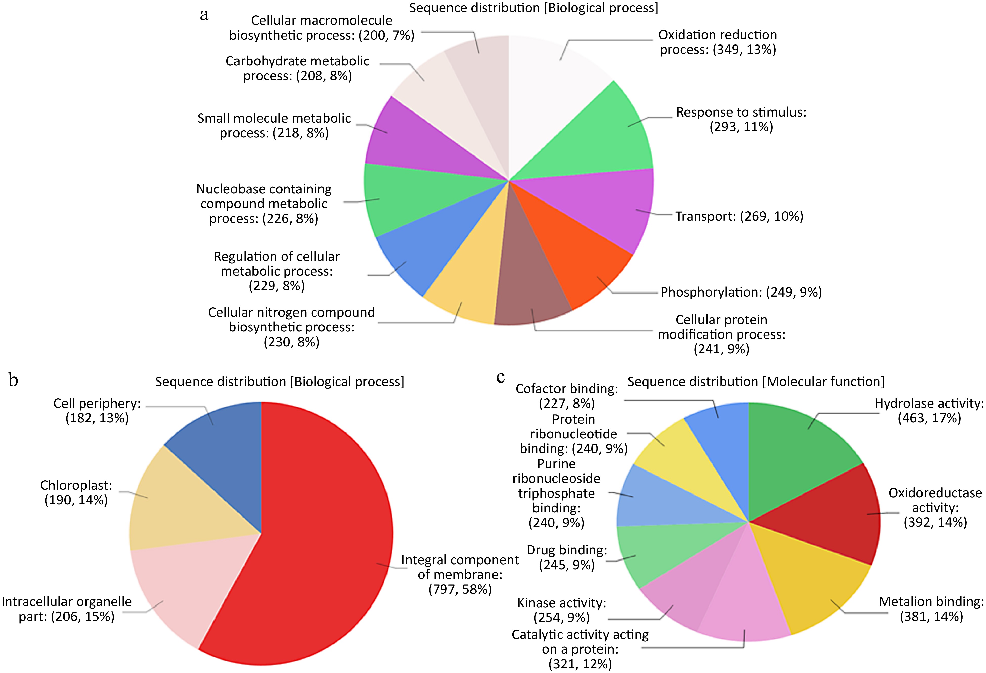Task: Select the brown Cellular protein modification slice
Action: point(530,288)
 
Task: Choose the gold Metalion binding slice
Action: point(806,585)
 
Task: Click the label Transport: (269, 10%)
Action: point(739,216)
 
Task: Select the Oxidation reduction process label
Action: point(717,42)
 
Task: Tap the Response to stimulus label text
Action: point(741,120)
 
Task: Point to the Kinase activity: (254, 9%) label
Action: point(561,610)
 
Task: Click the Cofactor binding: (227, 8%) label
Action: point(566,396)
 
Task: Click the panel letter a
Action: point(204,15)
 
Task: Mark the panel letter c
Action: point(501,377)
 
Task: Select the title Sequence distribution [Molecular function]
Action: point(756,382)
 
